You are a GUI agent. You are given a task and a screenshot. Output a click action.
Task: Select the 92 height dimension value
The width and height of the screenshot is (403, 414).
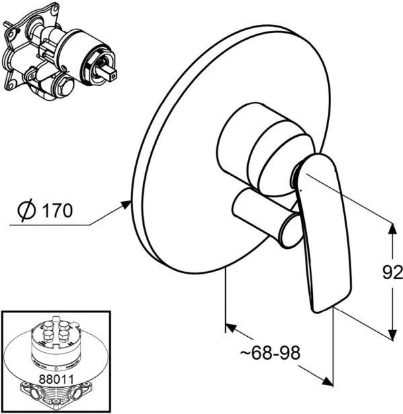393,272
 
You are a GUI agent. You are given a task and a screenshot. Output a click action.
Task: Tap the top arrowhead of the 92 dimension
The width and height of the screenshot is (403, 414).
392,228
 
